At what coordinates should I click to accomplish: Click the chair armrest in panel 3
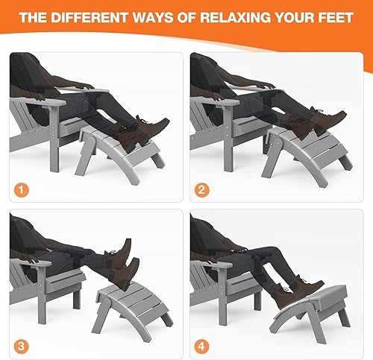click(34, 264)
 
